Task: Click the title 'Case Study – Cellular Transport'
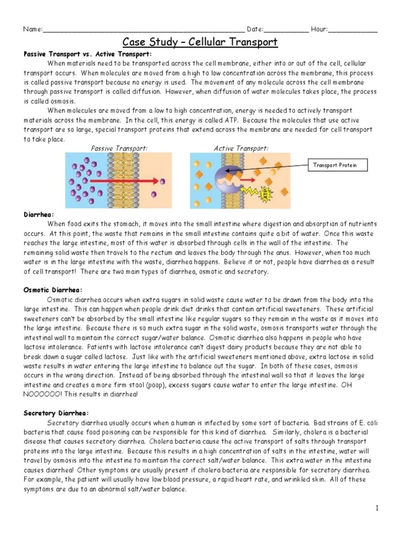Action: click(200, 42)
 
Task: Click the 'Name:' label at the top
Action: click(33, 29)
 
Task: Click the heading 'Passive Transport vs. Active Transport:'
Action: click(88, 54)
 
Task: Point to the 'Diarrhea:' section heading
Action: click(39, 214)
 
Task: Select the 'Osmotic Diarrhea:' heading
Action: click(53, 290)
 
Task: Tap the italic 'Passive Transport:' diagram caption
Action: click(119, 148)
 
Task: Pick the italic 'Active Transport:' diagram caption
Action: click(241, 148)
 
